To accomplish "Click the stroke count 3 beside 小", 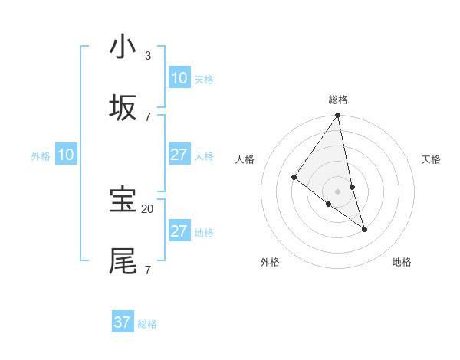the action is pos(148,55).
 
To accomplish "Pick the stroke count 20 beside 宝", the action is pos(148,208).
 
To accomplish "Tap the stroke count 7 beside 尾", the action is pos(148,270).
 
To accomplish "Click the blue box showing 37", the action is pos(123,322).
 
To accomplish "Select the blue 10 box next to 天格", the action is pos(179,78).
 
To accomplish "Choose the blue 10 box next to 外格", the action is pos(66,155).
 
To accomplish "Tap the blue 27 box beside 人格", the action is pos(179,155).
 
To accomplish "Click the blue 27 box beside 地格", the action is pos(179,231).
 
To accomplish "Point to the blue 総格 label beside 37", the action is pos(147,324).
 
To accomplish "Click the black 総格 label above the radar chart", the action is pos(338,100).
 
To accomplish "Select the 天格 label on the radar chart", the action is pos(431,159).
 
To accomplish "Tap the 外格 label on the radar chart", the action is pos(270,262).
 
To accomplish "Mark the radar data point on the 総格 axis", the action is pos(338,116).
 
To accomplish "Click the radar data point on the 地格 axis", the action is pos(364,228).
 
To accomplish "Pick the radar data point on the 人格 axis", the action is pos(294,177).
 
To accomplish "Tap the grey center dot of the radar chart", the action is pos(338,191).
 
